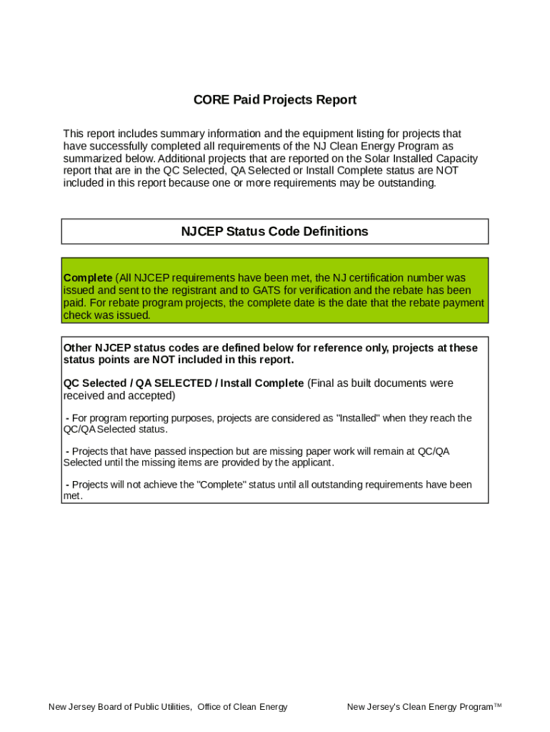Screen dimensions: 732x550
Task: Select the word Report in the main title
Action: pyautogui.click(x=335, y=100)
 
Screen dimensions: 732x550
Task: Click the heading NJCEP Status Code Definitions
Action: pyautogui.click(x=274, y=232)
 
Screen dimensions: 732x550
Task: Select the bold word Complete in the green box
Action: pyautogui.click(x=88, y=277)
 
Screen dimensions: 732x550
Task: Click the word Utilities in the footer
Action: pyautogui.click(x=171, y=707)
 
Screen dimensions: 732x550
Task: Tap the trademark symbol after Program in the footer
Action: pyautogui.click(x=498, y=706)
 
